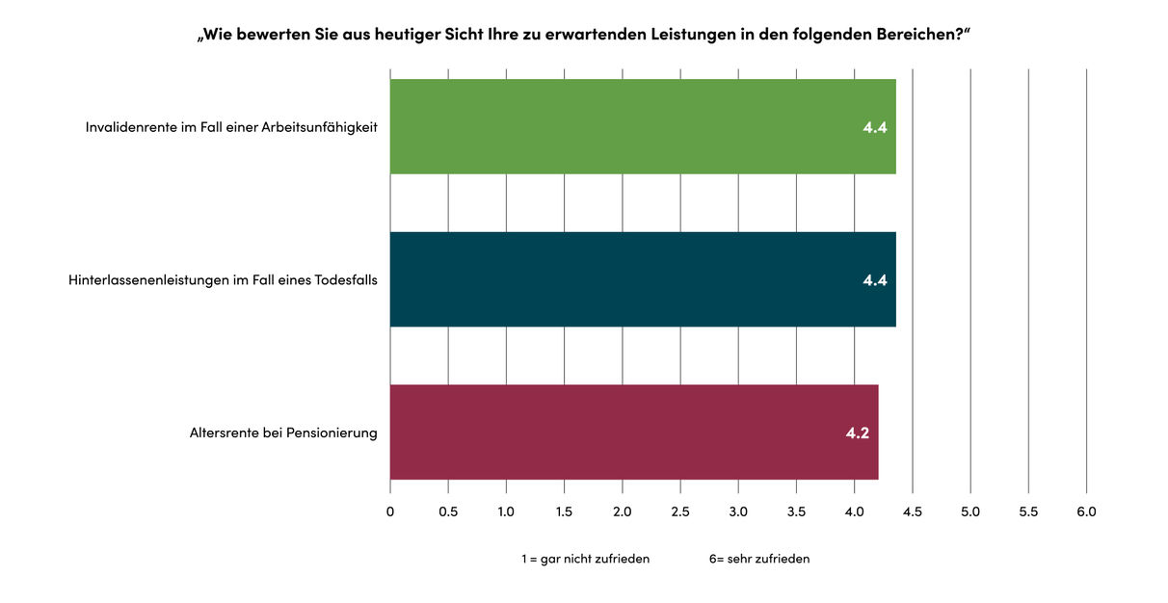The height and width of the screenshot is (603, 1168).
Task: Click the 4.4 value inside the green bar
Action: [x=874, y=127]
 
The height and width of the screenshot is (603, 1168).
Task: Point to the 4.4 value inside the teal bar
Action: [x=874, y=280]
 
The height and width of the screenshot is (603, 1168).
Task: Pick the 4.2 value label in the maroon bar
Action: [x=857, y=433]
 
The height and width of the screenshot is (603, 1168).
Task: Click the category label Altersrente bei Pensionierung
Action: [x=283, y=433]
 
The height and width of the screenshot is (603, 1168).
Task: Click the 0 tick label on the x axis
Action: [x=390, y=511]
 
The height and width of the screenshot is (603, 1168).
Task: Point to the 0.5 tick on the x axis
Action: [x=448, y=511]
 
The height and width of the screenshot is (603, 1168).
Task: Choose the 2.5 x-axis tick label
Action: [x=680, y=511]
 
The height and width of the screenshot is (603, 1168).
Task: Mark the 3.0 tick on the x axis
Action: [x=738, y=511]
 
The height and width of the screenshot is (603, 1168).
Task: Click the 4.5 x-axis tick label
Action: [x=912, y=511]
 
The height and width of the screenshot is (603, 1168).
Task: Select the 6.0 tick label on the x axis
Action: [x=1086, y=511]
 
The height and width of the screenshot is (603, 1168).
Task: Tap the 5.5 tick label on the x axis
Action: [x=1028, y=511]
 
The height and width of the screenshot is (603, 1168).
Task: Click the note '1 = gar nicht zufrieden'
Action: [x=585, y=559]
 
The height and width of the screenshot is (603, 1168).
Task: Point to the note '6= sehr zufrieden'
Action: [x=759, y=559]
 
